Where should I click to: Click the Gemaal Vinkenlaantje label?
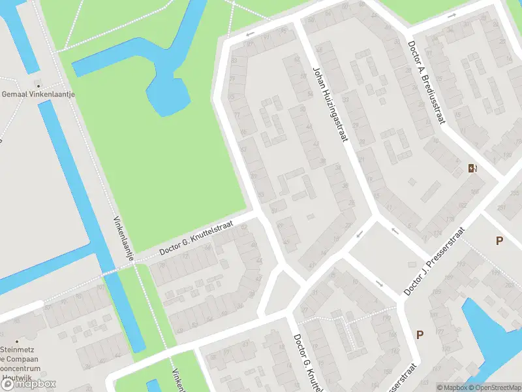39,95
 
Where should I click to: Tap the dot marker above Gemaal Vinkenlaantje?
38,85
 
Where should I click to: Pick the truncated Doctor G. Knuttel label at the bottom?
306,363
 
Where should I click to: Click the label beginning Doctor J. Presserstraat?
433,261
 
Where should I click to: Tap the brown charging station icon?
472,169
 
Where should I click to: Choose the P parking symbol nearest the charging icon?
499,240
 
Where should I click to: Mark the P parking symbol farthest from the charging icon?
420,335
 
